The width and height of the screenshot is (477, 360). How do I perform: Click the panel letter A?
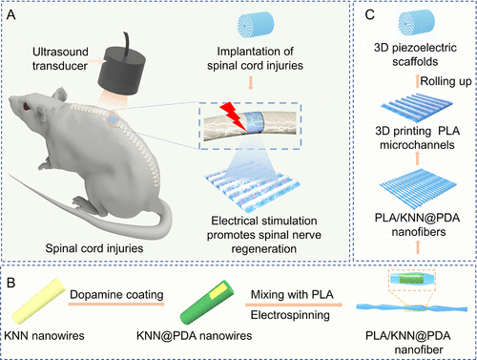[x=11, y=15]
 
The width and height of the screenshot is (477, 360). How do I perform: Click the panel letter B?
[x=10, y=283]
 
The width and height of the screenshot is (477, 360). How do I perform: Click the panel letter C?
[x=370, y=15]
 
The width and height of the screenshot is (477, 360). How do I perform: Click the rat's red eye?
[x=26, y=106]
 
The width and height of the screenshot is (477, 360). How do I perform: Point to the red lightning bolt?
[x=233, y=116]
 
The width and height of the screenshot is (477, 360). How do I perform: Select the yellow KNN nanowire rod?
[x=38, y=301]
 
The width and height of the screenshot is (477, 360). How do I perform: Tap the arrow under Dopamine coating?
[x=116, y=305]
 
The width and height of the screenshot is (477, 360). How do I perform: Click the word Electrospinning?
[x=290, y=315]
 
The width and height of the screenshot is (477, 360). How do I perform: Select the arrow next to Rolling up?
[x=418, y=81]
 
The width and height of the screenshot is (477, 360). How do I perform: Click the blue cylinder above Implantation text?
[x=256, y=25]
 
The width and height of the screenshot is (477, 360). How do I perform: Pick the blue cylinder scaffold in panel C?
[x=417, y=22]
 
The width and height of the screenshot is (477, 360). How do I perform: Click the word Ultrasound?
[x=60, y=52]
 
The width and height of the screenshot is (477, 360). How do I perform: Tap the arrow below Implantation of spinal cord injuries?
[x=251, y=82]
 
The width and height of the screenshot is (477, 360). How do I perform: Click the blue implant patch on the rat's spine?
[x=113, y=120]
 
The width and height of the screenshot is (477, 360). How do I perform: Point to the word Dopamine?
[x=96, y=295]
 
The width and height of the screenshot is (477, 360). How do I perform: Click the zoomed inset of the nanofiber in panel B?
[x=412, y=280]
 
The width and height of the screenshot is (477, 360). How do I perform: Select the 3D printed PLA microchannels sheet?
[x=417, y=108]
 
